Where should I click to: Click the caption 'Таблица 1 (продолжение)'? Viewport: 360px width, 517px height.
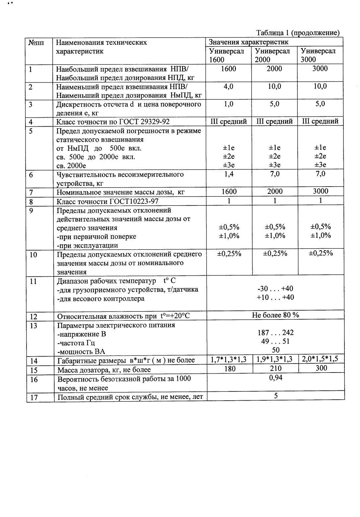click(298, 33)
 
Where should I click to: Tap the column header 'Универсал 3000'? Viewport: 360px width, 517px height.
click(318, 55)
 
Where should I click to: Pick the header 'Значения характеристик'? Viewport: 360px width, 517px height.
click(248, 42)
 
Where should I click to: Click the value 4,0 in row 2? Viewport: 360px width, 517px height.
click(228, 86)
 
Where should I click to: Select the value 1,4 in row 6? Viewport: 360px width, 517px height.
click(228, 174)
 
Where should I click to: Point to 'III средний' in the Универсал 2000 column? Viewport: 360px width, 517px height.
click(274, 122)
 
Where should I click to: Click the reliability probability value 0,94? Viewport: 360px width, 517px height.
click(275, 377)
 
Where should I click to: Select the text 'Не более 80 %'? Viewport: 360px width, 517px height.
click(275, 315)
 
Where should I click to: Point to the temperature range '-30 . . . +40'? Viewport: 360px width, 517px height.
click(275, 289)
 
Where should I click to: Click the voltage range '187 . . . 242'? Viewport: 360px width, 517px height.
click(275, 333)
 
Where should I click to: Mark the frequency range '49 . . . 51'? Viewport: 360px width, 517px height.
click(275, 341)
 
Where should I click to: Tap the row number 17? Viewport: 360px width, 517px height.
click(34, 397)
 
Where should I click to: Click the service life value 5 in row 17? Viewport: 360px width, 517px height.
click(275, 396)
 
